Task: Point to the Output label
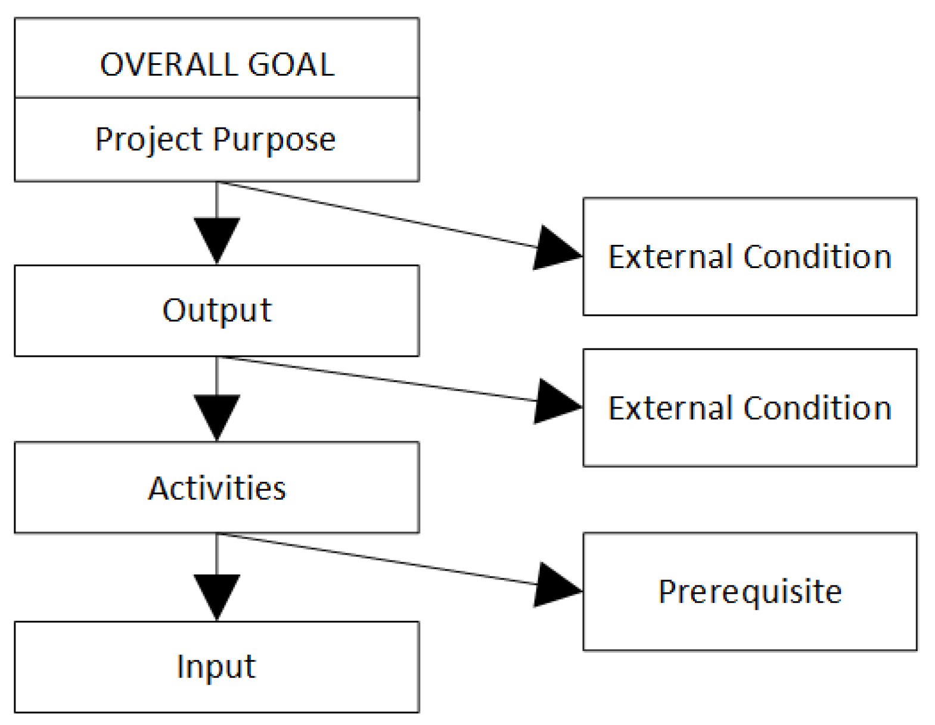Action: click(x=217, y=310)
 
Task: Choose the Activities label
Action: click(x=217, y=488)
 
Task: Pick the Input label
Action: click(x=216, y=667)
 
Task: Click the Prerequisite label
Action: click(x=750, y=592)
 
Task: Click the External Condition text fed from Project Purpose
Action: click(x=750, y=257)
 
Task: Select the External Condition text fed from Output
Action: click(x=750, y=408)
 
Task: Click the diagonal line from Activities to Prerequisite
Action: click(x=381, y=559)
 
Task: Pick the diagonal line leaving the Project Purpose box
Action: click(x=381, y=215)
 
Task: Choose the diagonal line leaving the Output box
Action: click(x=381, y=379)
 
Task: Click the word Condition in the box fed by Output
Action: click(x=817, y=408)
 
